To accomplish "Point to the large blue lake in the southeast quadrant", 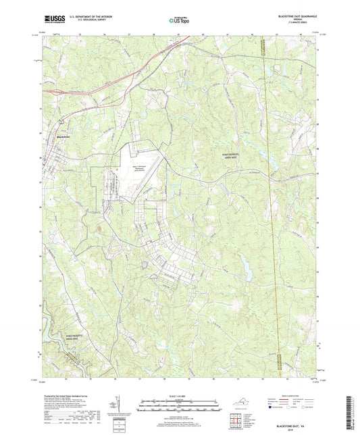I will point(245,270).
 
